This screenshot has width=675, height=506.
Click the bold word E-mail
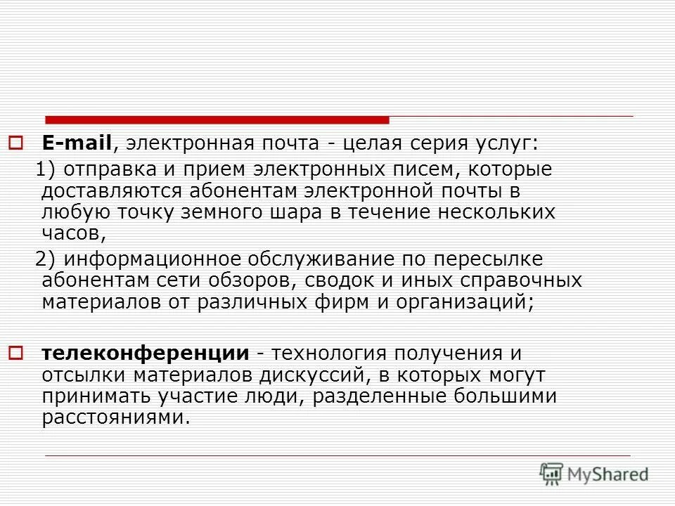pos(77,144)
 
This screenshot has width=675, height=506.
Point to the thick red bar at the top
pos(217,119)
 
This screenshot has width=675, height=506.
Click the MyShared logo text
pos(609,474)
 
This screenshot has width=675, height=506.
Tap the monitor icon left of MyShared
pos(552,474)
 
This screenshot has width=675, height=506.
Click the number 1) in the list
pos(45,169)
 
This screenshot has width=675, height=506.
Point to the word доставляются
pos(110,190)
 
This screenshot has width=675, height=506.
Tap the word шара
pos(288,212)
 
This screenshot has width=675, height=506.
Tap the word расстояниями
pos(115,417)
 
